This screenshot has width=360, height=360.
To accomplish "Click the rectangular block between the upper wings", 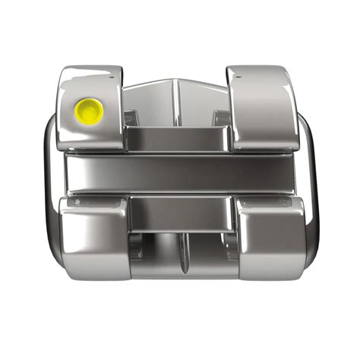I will [x=176, y=138].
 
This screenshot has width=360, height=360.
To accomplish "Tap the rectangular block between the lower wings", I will [x=180, y=213].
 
